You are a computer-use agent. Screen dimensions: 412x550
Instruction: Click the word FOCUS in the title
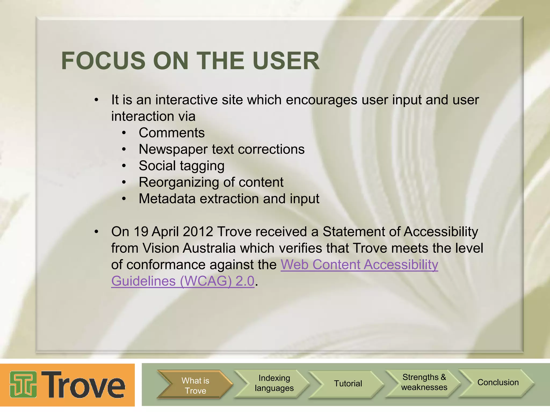coord(103,61)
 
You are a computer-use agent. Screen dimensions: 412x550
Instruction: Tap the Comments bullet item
coord(172,133)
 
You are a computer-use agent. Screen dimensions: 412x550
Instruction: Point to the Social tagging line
coord(182,166)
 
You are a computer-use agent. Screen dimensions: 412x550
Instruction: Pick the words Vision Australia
coord(189,248)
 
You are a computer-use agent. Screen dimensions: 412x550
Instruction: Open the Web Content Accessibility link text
coord(359,265)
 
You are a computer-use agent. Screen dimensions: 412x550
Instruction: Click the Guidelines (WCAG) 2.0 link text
coord(183,281)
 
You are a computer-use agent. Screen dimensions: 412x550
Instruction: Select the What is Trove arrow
coord(195,385)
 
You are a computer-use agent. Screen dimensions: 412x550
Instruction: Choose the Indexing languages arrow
coord(274,383)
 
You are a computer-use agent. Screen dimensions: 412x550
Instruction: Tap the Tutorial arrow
coord(348,384)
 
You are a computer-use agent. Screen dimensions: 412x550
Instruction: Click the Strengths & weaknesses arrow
coord(424,382)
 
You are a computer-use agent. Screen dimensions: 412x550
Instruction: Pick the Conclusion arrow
coord(498,382)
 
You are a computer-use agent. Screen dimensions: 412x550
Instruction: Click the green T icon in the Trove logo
coord(23,384)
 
